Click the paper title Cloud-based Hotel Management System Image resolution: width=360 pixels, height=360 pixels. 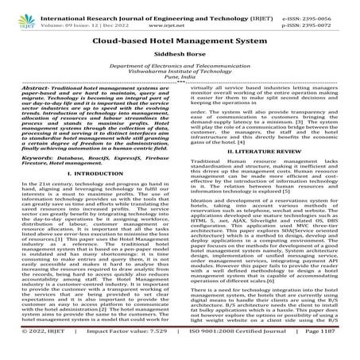(x=180, y=38)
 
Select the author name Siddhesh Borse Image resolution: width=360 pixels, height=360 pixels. (x=180, y=56)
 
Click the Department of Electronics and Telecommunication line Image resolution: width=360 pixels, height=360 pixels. (x=180, y=72)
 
